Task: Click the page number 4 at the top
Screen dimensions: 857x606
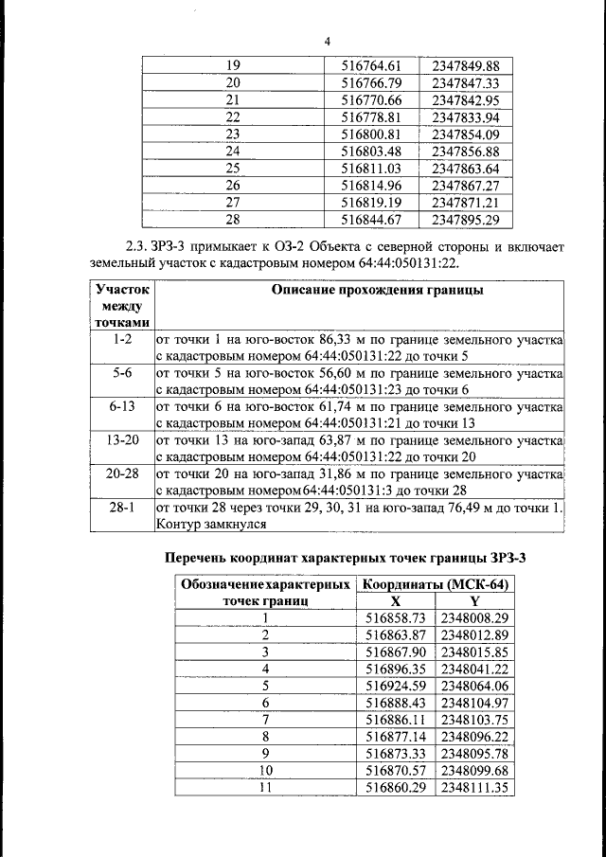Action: (x=328, y=42)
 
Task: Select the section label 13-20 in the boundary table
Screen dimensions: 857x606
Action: (x=123, y=440)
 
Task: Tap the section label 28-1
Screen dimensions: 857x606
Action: (x=123, y=509)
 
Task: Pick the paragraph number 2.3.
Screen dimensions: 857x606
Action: (x=122, y=247)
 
